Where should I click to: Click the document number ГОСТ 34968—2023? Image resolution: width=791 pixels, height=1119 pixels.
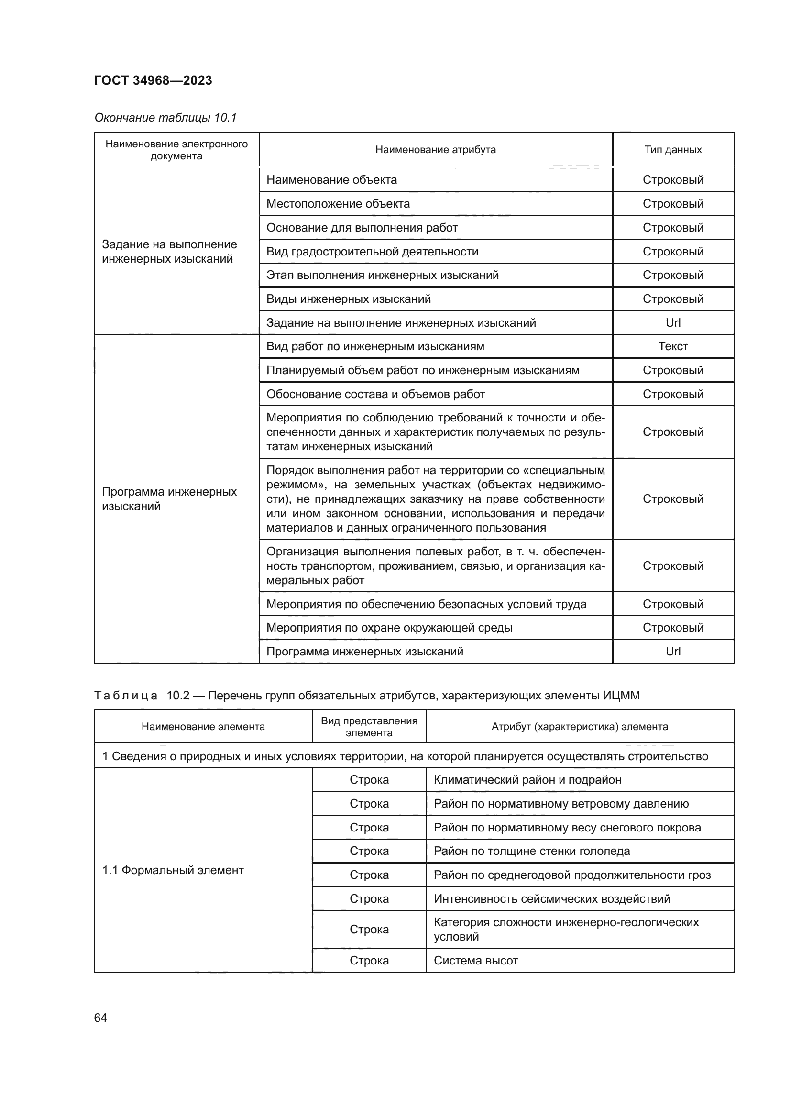click(x=153, y=80)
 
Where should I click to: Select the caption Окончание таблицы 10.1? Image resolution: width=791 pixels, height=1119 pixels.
click(x=165, y=118)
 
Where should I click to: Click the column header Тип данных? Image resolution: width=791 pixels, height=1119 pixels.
click(x=673, y=150)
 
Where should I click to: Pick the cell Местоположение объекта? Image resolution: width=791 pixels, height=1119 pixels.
click(x=338, y=204)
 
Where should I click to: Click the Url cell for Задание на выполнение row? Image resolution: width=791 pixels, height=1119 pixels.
click(x=673, y=322)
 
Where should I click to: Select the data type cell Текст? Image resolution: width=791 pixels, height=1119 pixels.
click(x=673, y=346)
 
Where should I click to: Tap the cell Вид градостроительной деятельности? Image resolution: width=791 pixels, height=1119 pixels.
click(x=372, y=252)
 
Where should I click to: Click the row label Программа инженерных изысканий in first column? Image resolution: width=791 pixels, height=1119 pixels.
click(x=169, y=499)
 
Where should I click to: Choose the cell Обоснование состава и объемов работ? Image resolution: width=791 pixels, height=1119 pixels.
click(x=375, y=394)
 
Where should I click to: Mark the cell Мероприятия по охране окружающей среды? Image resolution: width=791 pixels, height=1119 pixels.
click(x=389, y=628)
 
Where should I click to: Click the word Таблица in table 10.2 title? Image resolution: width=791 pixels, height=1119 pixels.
click(x=126, y=696)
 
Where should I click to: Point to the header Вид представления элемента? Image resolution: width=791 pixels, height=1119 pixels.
click(x=369, y=727)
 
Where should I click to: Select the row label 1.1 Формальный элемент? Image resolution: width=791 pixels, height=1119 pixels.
click(x=173, y=870)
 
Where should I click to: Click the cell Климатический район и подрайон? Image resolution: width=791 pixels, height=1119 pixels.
click(x=527, y=780)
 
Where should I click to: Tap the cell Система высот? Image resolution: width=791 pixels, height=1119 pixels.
click(x=475, y=961)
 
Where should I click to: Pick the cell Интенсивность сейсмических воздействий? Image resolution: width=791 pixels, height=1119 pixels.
click(x=551, y=899)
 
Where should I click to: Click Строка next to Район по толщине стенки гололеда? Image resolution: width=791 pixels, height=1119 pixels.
click(x=369, y=851)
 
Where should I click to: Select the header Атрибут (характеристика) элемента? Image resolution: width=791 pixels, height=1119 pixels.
click(x=579, y=727)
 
